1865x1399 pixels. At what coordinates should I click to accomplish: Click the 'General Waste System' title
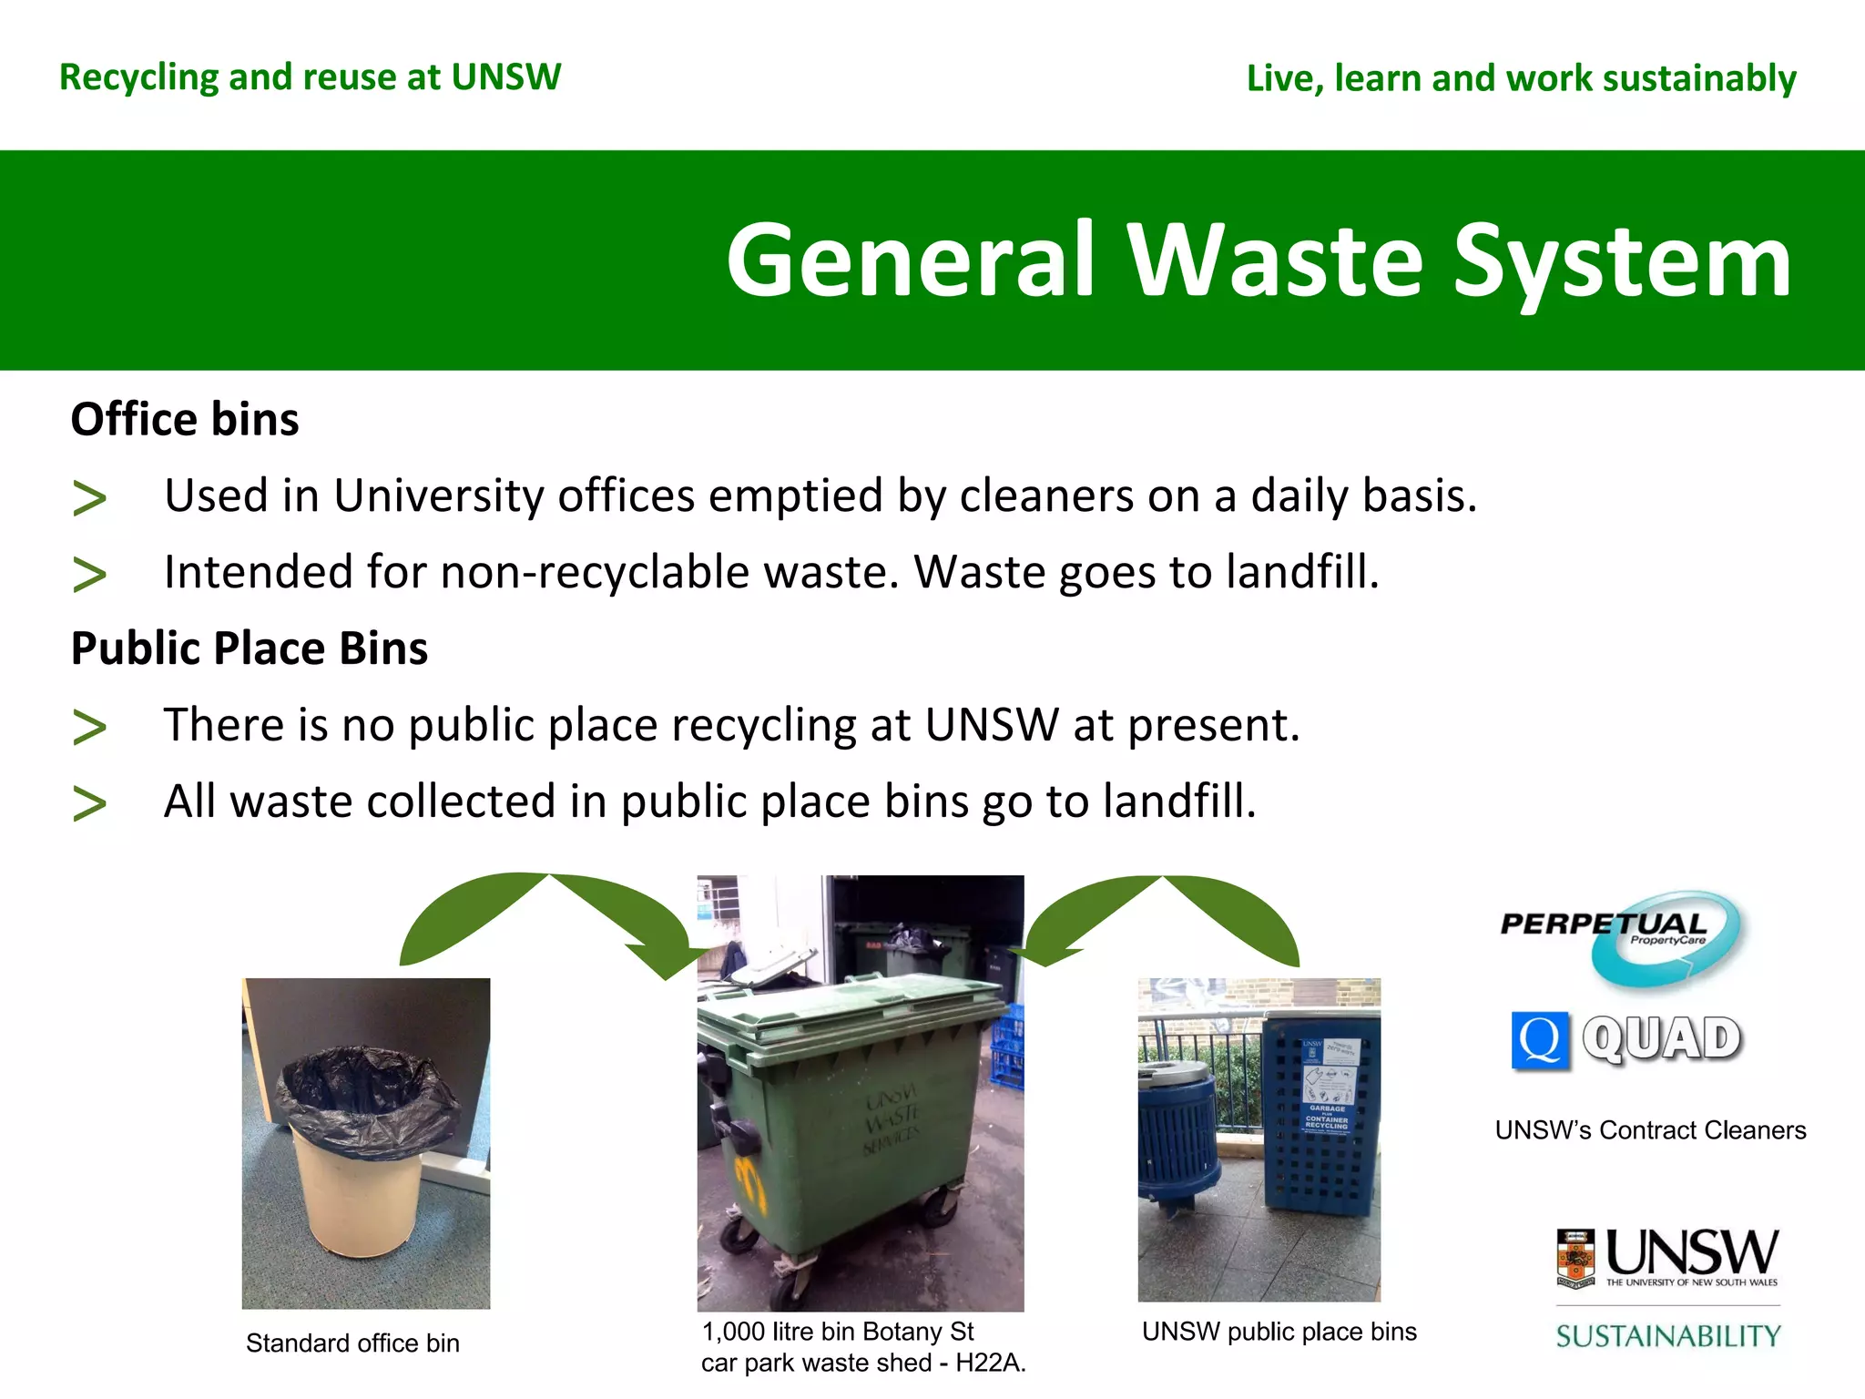(x=1259, y=261)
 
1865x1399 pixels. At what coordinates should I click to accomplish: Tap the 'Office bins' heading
(x=185, y=420)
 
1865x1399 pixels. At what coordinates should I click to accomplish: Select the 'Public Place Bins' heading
(x=250, y=648)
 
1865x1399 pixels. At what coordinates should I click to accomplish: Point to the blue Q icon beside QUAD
(x=1540, y=1039)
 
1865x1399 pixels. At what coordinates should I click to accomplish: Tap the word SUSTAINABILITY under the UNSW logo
(x=1668, y=1336)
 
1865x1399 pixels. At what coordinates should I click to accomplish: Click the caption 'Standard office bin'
(x=352, y=1343)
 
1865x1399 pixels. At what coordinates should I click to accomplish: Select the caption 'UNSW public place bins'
(x=1279, y=1332)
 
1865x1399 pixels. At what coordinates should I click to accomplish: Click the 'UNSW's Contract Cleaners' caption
(x=1650, y=1130)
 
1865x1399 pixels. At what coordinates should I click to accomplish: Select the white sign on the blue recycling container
(x=1329, y=1084)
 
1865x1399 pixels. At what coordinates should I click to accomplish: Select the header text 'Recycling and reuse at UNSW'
(x=310, y=77)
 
